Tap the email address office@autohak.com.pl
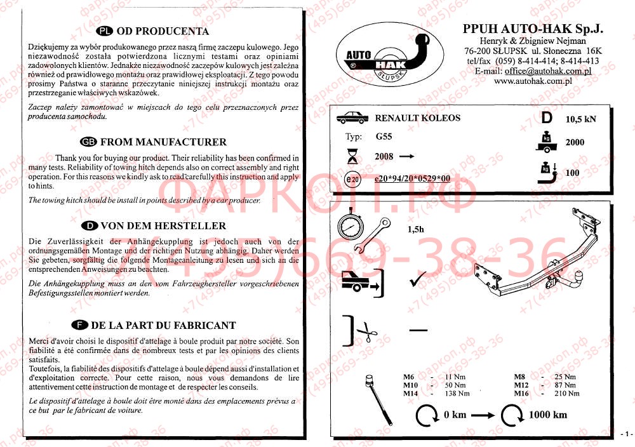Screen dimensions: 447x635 (x=549, y=71)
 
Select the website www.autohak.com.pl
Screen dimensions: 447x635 (x=532, y=81)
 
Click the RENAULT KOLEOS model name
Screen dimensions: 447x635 (x=418, y=118)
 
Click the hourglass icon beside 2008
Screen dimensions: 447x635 (x=351, y=157)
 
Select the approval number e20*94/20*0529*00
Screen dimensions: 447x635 (x=412, y=178)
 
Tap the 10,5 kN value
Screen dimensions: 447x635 (x=581, y=119)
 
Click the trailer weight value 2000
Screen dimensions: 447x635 (x=575, y=143)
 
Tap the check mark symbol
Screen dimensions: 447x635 (x=417, y=279)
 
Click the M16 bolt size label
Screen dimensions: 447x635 (x=521, y=394)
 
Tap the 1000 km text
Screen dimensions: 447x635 (x=548, y=415)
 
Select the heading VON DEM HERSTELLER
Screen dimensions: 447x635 (x=163, y=225)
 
